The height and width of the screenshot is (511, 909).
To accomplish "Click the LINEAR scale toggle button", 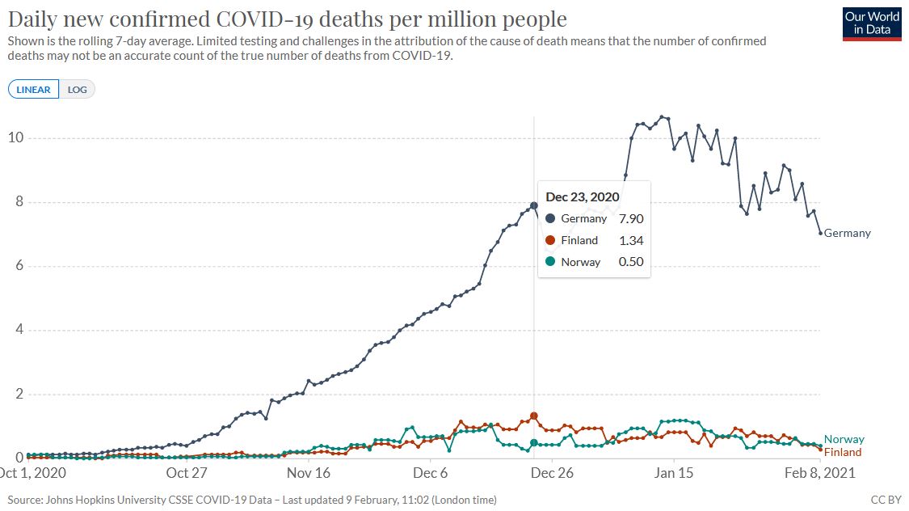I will click(x=33, y=90).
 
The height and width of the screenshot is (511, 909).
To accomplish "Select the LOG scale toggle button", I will click(x=77, y=90).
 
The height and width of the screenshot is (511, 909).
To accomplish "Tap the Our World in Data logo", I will click(x=872, y=24).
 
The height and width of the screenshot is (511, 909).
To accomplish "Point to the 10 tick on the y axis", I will click(x=15, y=138).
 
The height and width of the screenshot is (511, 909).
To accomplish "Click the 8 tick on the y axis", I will click(x=19, y=202).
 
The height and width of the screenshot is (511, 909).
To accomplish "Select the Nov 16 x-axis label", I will click(x=309, y=473).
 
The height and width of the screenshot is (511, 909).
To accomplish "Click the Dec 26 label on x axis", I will click(x=553, y=473).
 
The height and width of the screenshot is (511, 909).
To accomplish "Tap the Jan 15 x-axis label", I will click(x=674, y=473).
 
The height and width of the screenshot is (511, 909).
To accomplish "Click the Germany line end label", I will click(x=847, y=233).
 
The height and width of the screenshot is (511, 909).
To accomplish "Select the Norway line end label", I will click(x=844, y=439).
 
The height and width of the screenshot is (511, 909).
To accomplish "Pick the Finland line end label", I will click(x=843, y=452).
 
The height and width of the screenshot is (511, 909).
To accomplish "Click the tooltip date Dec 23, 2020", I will click(x=583, y=196).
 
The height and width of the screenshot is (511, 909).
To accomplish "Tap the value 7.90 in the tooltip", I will click(x=630, y=218).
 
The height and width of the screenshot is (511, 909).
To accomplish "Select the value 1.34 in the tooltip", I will click(x=630, y=240).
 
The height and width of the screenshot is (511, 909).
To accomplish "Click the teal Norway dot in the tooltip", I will click(x=550, y=261).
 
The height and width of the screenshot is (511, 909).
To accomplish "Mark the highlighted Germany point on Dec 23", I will click(x=533, y=205).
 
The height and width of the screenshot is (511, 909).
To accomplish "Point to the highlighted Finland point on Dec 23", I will click(x=533, y=416).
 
